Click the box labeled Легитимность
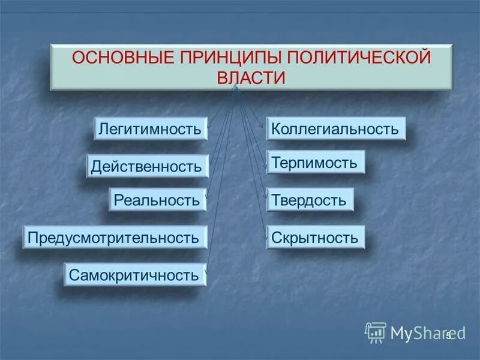[x=150, y=129]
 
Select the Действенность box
[x=147, y=166]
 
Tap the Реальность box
[x=157, y=200]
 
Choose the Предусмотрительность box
[x=115, y=237]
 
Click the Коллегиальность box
[x=335, y=129]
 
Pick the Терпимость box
[x=315, y=162]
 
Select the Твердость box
[x=309, y=200]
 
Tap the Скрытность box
[x=315, y=238]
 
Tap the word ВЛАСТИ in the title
[x=251, y=78]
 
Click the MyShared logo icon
[x=376, y=332]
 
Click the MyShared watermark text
[x=420, y=333]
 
